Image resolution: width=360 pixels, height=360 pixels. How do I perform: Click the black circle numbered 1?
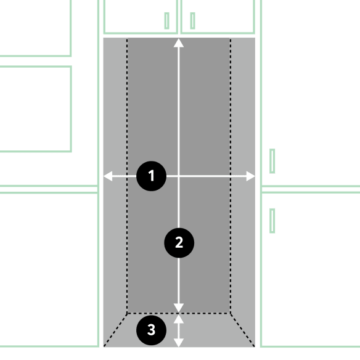(151, 176)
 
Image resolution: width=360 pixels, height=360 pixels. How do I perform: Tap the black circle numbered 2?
(179, 243)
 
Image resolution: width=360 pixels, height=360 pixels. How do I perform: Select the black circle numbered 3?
(151, 330)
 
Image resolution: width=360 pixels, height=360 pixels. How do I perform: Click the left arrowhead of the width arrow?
(108, 176)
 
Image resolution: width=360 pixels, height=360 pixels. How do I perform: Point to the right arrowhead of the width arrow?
(251, 176)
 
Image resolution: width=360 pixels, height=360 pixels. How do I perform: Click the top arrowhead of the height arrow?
(179, 43)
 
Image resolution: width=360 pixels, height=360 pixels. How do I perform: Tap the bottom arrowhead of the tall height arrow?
(179, 308)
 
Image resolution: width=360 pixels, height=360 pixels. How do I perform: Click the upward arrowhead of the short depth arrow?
(179, 319)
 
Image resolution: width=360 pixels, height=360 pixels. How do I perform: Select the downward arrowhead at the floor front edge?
(179, 343)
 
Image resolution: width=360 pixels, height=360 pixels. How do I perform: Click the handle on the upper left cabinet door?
(167, 21)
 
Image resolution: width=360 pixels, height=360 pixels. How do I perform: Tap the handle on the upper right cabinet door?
(192, 21)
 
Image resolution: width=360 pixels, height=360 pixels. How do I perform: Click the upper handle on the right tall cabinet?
(272, 161)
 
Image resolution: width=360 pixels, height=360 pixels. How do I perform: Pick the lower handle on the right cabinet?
(272, 221)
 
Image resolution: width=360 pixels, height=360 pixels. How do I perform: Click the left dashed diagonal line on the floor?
(115, 330)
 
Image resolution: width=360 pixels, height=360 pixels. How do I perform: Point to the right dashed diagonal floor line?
(242, 330)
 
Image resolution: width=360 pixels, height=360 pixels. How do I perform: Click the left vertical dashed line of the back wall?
(127, 176)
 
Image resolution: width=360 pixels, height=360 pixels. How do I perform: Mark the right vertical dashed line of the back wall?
(231, 176)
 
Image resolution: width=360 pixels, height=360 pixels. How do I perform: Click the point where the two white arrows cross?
(179, 176)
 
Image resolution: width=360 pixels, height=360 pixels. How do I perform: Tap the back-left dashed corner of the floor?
(127, 313)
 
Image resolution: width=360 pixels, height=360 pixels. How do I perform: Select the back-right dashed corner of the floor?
(231, 313)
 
